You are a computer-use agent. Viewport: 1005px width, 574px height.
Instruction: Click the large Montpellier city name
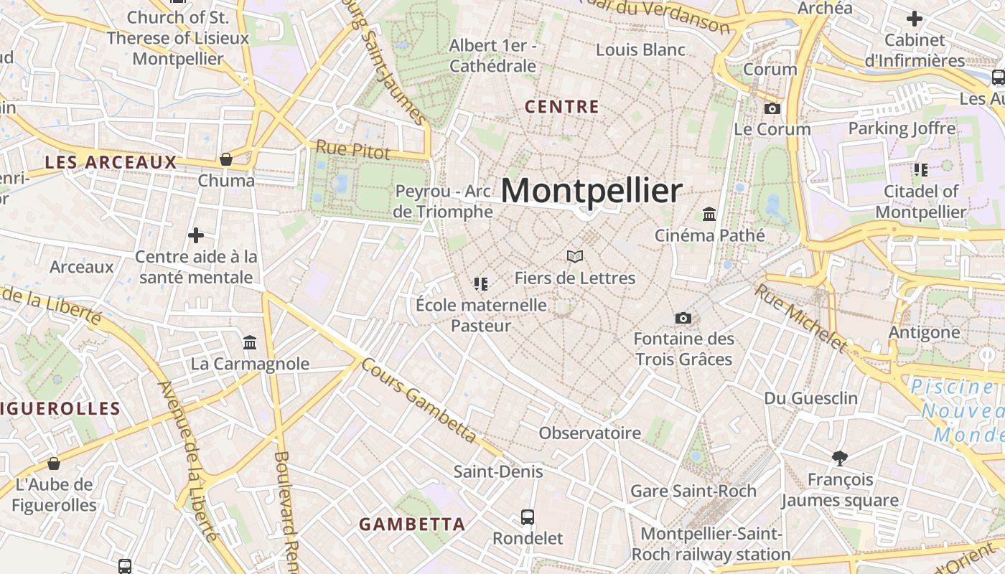pyautogui.click(x=591, y=192)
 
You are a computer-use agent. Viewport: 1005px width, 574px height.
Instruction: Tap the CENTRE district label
pyautogui.click(x=561, y=107)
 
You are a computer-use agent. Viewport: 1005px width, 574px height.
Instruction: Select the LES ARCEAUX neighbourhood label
pyautogui.click(x=111, y=162)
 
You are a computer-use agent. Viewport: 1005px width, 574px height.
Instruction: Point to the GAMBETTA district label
pyautogui.click(x=412, y=524)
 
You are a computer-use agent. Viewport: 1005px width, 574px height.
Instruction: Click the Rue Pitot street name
pyautogui.click(x=353, y=150)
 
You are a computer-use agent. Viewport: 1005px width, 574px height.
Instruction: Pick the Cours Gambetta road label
pyautogui.click(x=419, y=399)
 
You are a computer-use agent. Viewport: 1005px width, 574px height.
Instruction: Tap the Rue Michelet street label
pyautogui.click(x=801, y=318)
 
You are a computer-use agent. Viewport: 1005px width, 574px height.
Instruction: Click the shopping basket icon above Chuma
pyautogui.click(x=226, y=159)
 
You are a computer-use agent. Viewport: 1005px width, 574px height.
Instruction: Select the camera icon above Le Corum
pyautogui.click(x=772, y=109)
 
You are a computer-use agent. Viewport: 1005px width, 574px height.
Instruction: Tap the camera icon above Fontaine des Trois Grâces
pyautogui.click(x=683, y=318)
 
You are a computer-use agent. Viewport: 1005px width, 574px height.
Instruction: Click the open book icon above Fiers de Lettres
pyautogui.click(x=575, y=256)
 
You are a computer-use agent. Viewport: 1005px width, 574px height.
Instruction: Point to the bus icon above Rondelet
pyautogui.click(x=528, y=517)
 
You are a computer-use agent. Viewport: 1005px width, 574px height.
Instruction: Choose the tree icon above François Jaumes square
pyautogui.click(x=840, y=458)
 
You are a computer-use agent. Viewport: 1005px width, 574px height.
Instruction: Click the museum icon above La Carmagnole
pyautogui.click(x=250, y=342)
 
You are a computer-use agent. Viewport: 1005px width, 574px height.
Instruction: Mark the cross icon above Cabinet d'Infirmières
pyautogui.click(x=915, y=19)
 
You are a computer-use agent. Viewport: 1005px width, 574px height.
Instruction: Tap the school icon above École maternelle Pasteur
pyautogui.click(x=481, y=284)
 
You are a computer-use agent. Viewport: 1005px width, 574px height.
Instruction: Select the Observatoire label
pyautogui.click(x=590, y=433)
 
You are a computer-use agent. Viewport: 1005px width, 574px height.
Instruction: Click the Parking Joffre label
pyautogui.click(x=902, y=128)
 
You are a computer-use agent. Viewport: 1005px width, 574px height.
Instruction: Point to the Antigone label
pyautogui.click(x=924, y=332)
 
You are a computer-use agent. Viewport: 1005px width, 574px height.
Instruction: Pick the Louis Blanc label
pyautogui.click(x=640, y=50)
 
